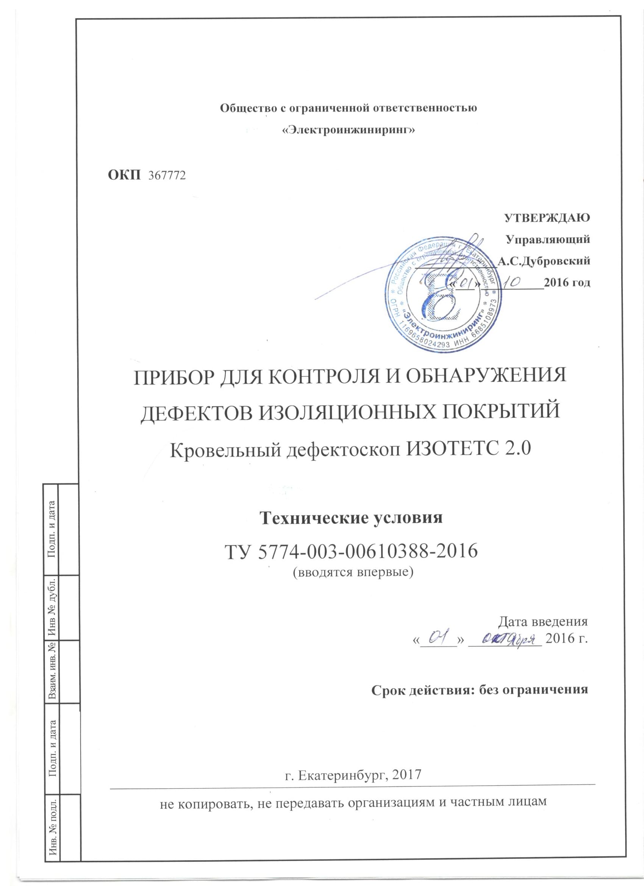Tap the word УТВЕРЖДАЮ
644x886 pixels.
[x=547, y=218]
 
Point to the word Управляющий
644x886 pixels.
[x=547, y=239]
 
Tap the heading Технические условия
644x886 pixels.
[x=351, y=518]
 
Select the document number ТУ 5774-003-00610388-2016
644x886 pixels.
[x=351, y=552]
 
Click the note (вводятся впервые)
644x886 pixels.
[x=353, y=572]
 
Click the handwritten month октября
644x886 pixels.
[x=504, y=640]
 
